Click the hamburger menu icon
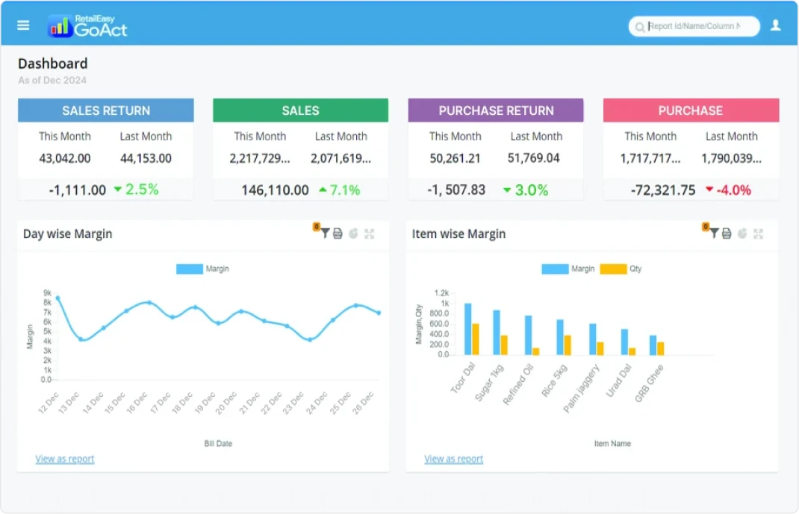[x=23, y=25]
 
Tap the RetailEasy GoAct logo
[x=87, y=26]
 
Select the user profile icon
[x=775, y=25]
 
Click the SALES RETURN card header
[x=106, y=110]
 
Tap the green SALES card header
[x=300, y=110]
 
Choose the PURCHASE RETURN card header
[x=496, y=110]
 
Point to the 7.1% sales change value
[x=344, y=190]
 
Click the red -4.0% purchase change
[x=733, y=190]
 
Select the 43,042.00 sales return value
[x=65, y=158]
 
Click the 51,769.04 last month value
[x=533, y=158]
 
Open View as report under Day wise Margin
[x=65, y=459]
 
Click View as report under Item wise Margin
[x=453, y=459]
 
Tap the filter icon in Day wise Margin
[x=325, y=234]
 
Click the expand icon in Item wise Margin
[x=758, y=234]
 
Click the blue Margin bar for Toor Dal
[x=467, y=328]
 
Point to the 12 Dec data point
[x=57, y=298]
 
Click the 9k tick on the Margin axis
[x=47, y=293]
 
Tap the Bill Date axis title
[x=218, y=443]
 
